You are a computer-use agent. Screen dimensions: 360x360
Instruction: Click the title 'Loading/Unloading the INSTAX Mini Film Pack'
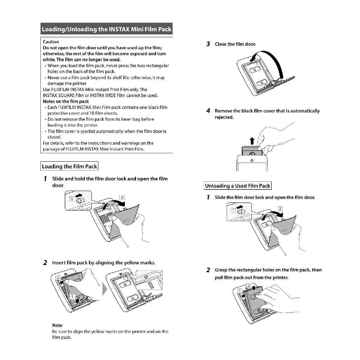[x=106, y=29]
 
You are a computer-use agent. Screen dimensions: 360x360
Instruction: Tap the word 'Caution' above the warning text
[x=51, y=42]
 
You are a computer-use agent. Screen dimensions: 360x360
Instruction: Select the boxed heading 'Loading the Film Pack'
[x=69, y=166]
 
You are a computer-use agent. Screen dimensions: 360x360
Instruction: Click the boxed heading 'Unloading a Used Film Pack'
[x=238, y=186]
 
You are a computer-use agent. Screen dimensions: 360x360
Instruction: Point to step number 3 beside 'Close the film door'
[x=208, y=44]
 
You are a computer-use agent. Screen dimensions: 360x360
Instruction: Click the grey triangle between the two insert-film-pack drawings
[x=105, y=290]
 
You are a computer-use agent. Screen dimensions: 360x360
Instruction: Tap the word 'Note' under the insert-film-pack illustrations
[x=57, y=325]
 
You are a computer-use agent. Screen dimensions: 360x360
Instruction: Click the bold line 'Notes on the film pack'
[x=66, y=101]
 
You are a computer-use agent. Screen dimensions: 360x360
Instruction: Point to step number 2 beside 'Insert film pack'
[x=45, y=263]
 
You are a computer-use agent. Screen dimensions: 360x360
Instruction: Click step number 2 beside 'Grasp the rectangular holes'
[x=208, y=270]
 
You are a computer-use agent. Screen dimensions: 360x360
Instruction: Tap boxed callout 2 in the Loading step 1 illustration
[x=122, y=197]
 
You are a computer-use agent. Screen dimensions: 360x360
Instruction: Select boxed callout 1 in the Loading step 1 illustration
[x=72, y=199]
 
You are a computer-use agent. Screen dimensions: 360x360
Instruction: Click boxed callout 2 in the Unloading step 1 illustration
[x=280, y=208]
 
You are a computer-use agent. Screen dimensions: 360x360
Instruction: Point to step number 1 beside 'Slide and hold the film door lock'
[x=45, y=179]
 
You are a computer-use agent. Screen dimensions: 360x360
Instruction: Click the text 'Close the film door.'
[x=236, y=44]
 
